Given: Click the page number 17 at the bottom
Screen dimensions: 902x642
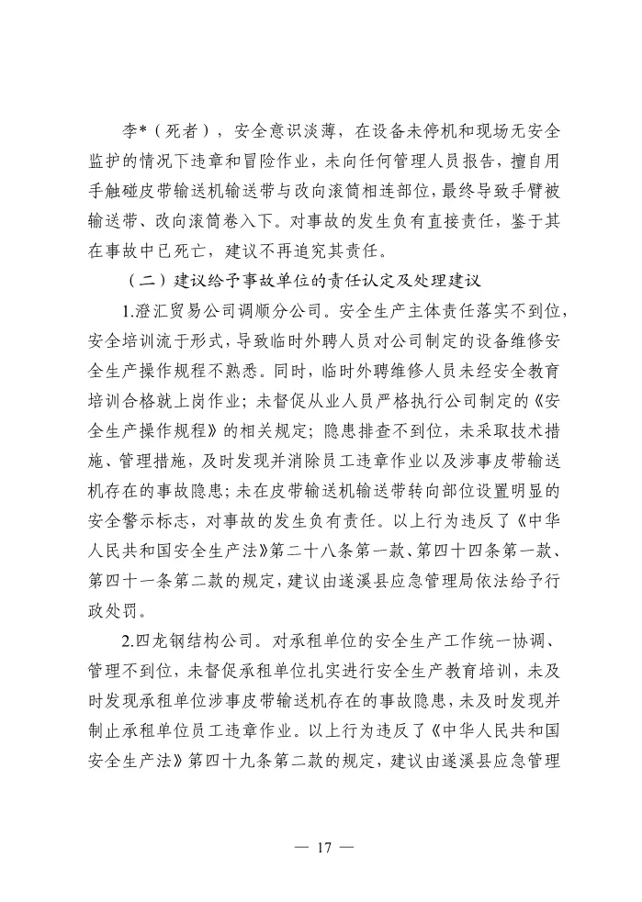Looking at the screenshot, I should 321,846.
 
